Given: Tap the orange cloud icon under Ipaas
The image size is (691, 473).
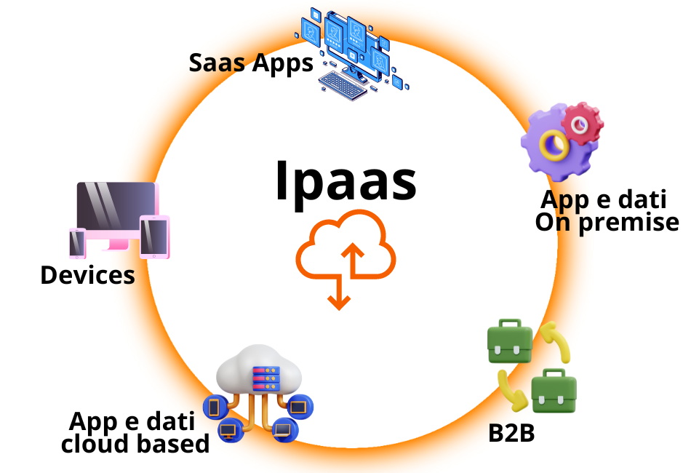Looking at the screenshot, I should pyautogui.click(x=345, y=255).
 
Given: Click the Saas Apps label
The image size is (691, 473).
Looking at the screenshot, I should pyautogui.click(x=251, y=63).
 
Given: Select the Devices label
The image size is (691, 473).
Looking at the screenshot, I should pyautogui.click(x=87, y=275).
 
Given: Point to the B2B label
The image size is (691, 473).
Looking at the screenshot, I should pyautogui.click(x=511, y=433).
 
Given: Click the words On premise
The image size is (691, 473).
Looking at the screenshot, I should pyautogui.click(x=607, y=222).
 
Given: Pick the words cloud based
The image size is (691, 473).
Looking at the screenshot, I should pyautogui.click(x=135, y=442).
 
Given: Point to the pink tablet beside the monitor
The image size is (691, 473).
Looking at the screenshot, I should pyautogui.click(x=154, y=236).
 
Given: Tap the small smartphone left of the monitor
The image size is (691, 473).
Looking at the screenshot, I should pyautogui.click(x=78, y=243).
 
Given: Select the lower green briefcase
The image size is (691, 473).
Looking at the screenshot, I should pyautogui.click(x=554, y=391).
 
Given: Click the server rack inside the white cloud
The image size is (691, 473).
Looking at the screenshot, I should pyautogui.click(x=265, y=378).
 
